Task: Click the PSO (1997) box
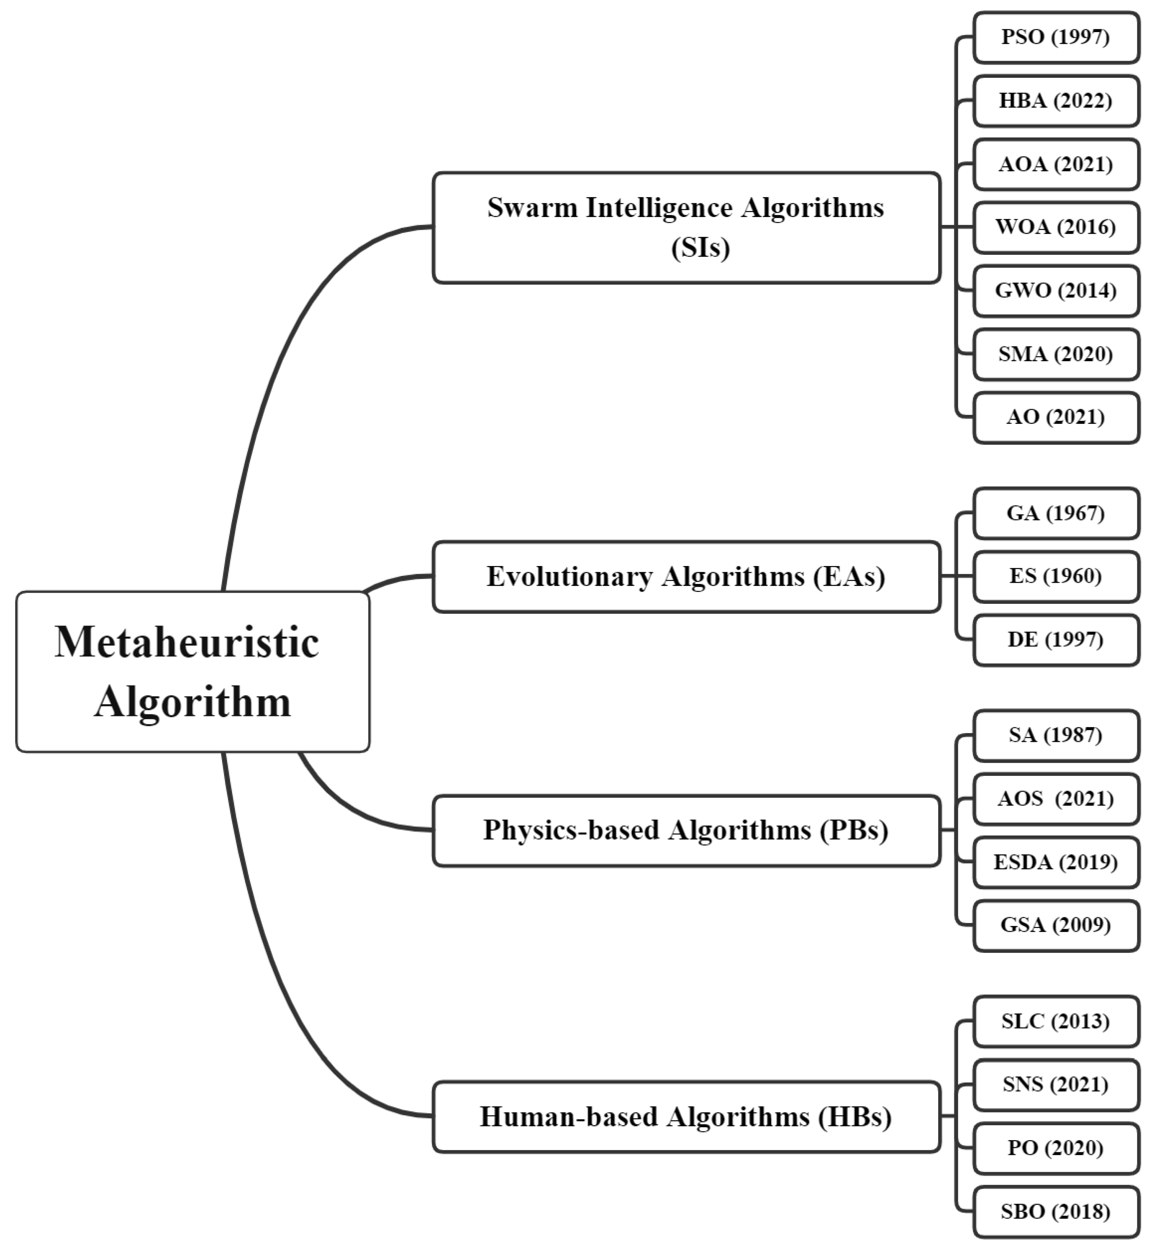tap(1056, 37)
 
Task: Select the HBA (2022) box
tap(1056, 101)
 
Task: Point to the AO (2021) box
tap(1056, 417)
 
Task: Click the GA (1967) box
tap(1056, 513)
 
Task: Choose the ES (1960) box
tap(1056, 576)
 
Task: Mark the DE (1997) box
tap(1056, 640)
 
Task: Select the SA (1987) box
tap(1056, 735)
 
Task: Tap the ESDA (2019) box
tap(1056, 862)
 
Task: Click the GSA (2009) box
tap(1056, 926)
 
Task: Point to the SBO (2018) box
tap(1056, 1212)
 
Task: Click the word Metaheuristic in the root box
tap(187, 642)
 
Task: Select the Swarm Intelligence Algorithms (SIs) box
tap(686, 228)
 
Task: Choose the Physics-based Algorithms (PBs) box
tap(686, 830)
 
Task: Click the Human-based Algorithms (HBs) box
tap(686, 1116)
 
